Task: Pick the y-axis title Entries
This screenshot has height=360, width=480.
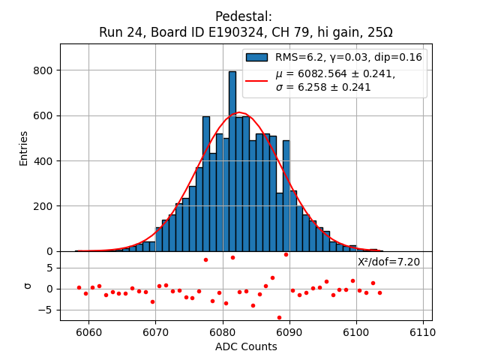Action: [x=24, y=148]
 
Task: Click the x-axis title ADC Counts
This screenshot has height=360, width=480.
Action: [x=246, y=346]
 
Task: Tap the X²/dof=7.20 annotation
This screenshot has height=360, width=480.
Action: [x=388, y=262]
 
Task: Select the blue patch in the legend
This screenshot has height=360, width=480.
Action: [x=257, y=57]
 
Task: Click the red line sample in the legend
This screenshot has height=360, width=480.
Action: [x=257, y=80]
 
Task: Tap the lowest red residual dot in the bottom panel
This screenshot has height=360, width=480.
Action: [x=279, y=317]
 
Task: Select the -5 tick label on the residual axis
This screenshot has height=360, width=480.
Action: [x=48, y=310]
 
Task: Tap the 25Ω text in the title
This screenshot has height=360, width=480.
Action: [x=378, y=32]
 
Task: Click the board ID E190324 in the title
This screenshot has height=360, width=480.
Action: [x=225, y=32]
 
